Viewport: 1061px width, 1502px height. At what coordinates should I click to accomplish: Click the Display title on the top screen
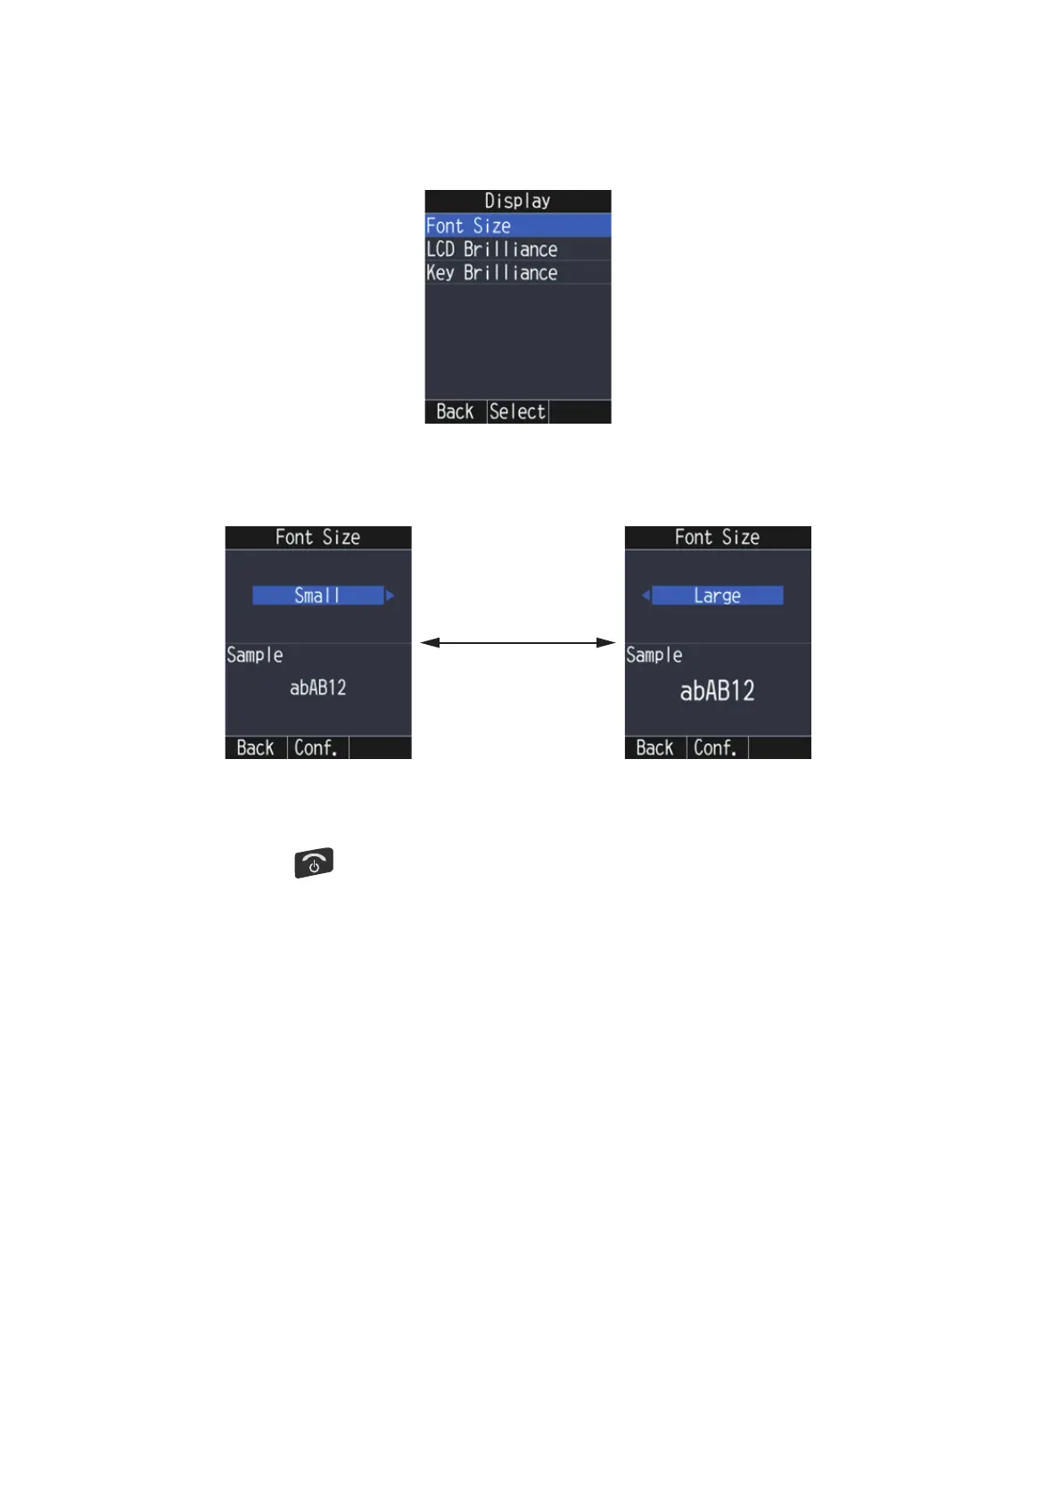517,201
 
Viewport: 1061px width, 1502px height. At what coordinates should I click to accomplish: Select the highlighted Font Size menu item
517,226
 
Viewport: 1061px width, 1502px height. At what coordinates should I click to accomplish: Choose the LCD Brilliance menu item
517,249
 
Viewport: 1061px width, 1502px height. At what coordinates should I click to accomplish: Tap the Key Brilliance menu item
517,272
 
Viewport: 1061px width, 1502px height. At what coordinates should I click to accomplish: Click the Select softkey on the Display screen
517,411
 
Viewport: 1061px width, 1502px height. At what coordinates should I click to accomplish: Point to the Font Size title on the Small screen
317,537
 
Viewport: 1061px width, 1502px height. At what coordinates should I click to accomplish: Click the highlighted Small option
317,595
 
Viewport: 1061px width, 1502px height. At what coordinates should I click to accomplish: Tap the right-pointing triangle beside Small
390,595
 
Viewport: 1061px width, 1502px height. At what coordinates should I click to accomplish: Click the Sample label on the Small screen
255,655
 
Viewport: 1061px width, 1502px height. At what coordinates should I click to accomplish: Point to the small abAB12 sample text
317,688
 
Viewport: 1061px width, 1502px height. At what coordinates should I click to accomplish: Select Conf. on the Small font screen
317,747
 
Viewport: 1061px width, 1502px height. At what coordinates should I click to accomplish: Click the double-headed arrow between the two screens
517,642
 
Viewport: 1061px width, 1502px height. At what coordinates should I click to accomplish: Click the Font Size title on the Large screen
717,537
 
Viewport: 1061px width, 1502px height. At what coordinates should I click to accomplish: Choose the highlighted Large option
717,595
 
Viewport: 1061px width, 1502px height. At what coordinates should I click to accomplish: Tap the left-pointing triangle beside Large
646,595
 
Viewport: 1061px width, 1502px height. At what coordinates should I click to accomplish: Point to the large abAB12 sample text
717,690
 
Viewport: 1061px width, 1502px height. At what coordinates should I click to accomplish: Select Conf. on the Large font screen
716,747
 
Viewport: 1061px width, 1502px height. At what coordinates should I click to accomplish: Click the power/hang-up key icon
314,862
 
